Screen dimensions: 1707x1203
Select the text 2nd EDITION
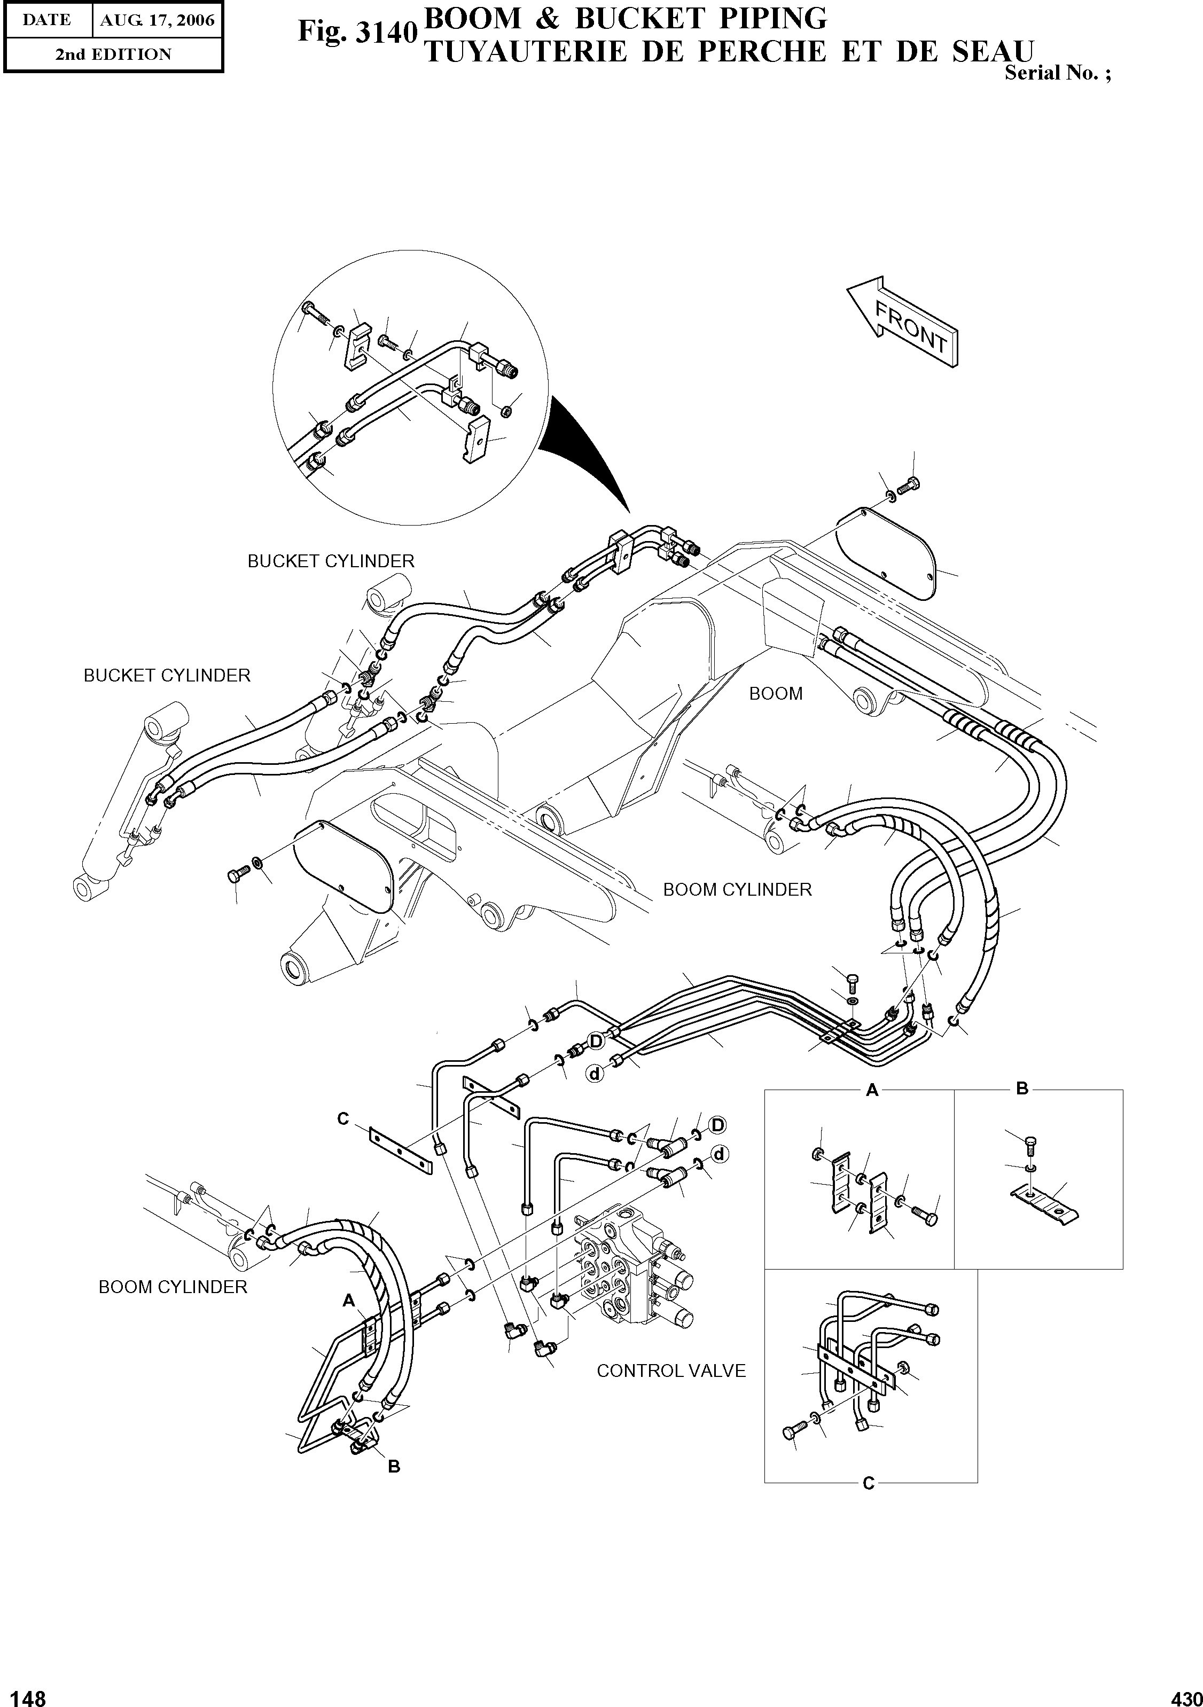click(x=113, y=54)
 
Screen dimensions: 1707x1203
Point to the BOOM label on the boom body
click(x=776, y=694)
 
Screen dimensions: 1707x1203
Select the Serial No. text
click(x=1057, y=73)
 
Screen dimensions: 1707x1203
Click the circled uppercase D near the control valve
click(x=717, y=1125)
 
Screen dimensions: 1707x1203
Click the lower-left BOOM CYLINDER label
click(x=173, y=1287)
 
